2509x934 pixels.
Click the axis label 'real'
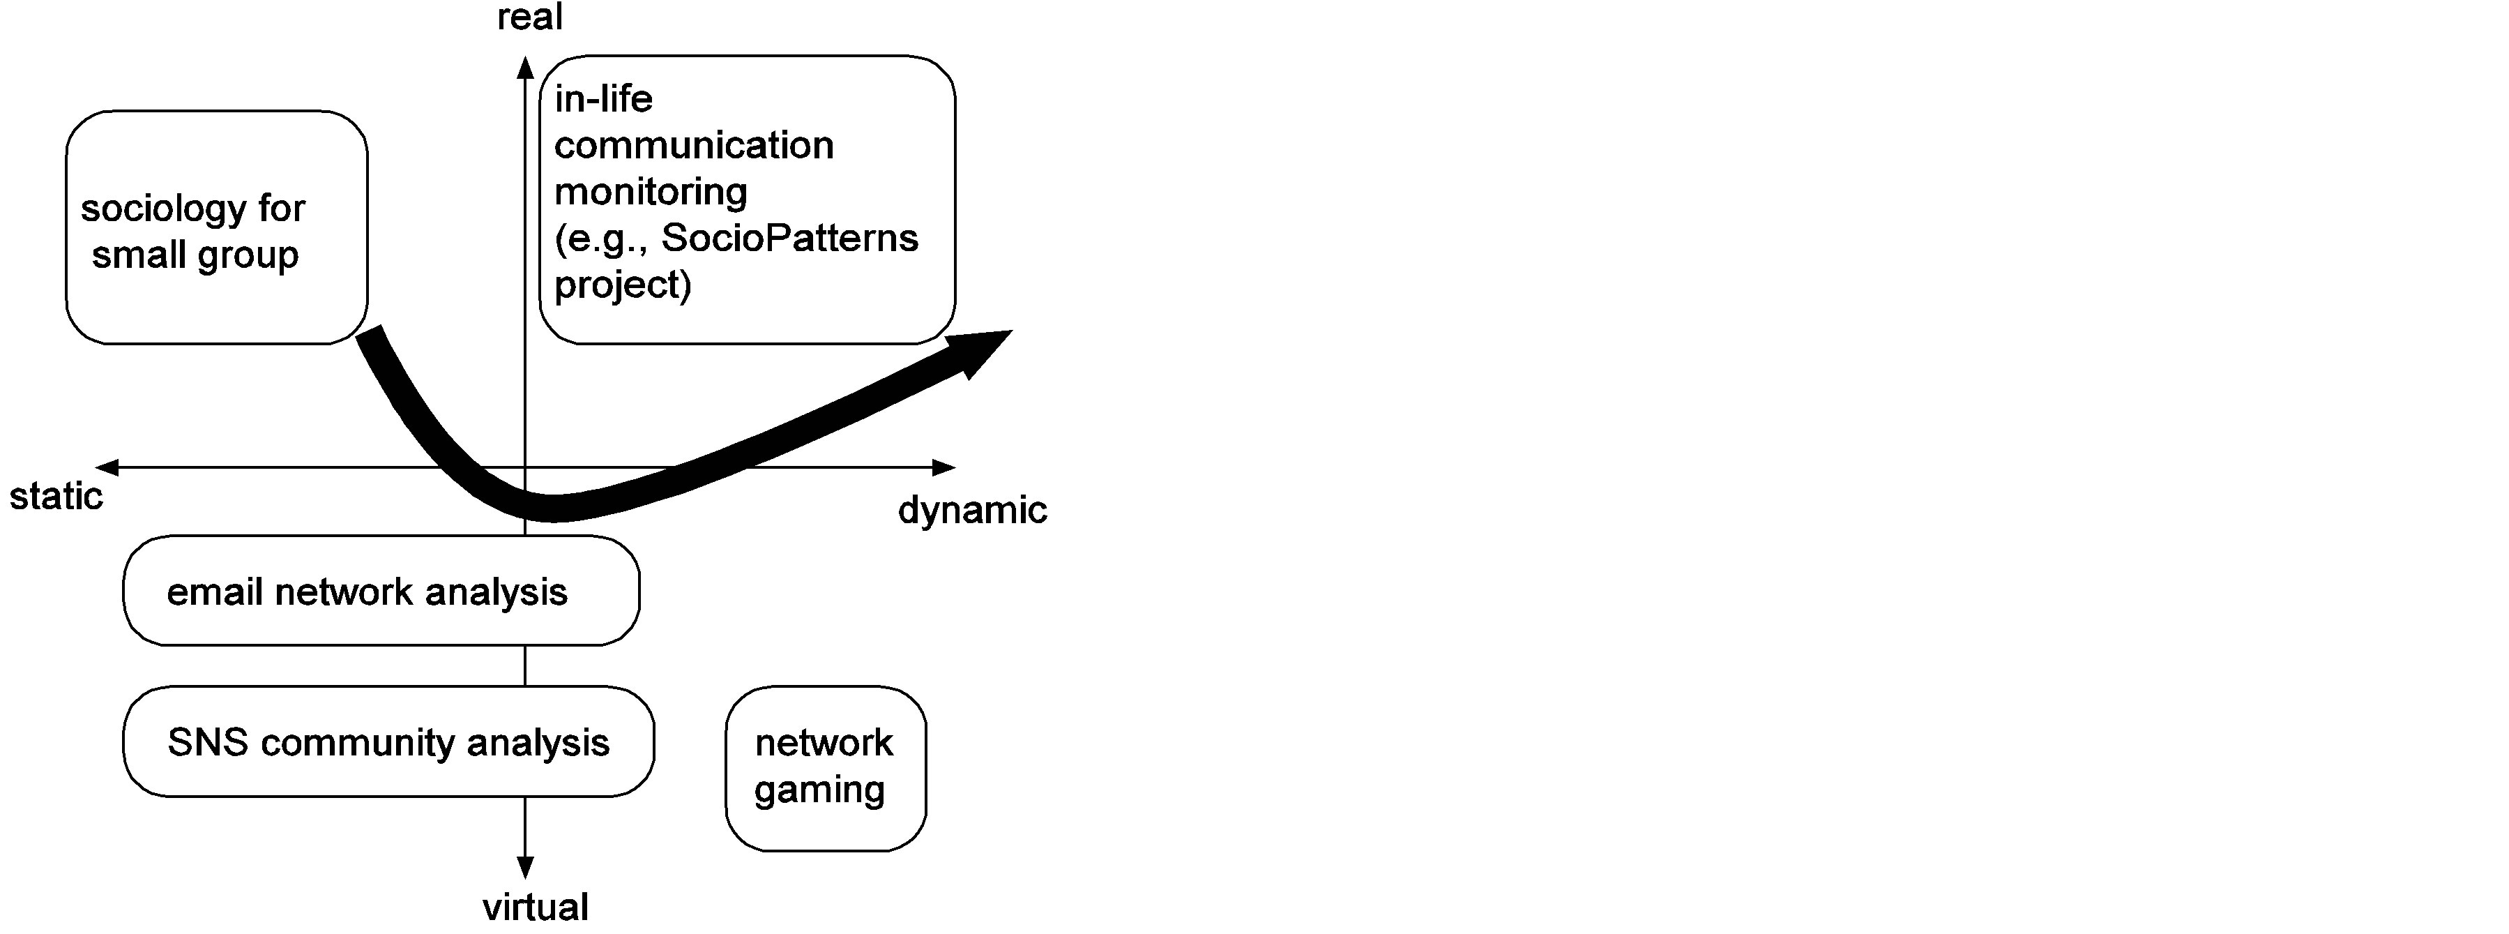pos(530,17)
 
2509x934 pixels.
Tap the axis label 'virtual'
pos(536,907)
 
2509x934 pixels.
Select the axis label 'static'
pos(56,497)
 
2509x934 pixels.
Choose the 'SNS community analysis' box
pos(388,742)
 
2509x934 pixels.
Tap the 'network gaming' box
pos(826,767)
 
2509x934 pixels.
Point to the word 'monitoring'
pos(651,192)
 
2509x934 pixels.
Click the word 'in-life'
pos(604,98)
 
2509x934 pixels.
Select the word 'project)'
pos(623,285)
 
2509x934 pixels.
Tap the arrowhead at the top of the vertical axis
pos(525,66)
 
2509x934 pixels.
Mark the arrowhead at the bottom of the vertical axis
pos(525,867)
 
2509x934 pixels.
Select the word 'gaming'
pos(820,790)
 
